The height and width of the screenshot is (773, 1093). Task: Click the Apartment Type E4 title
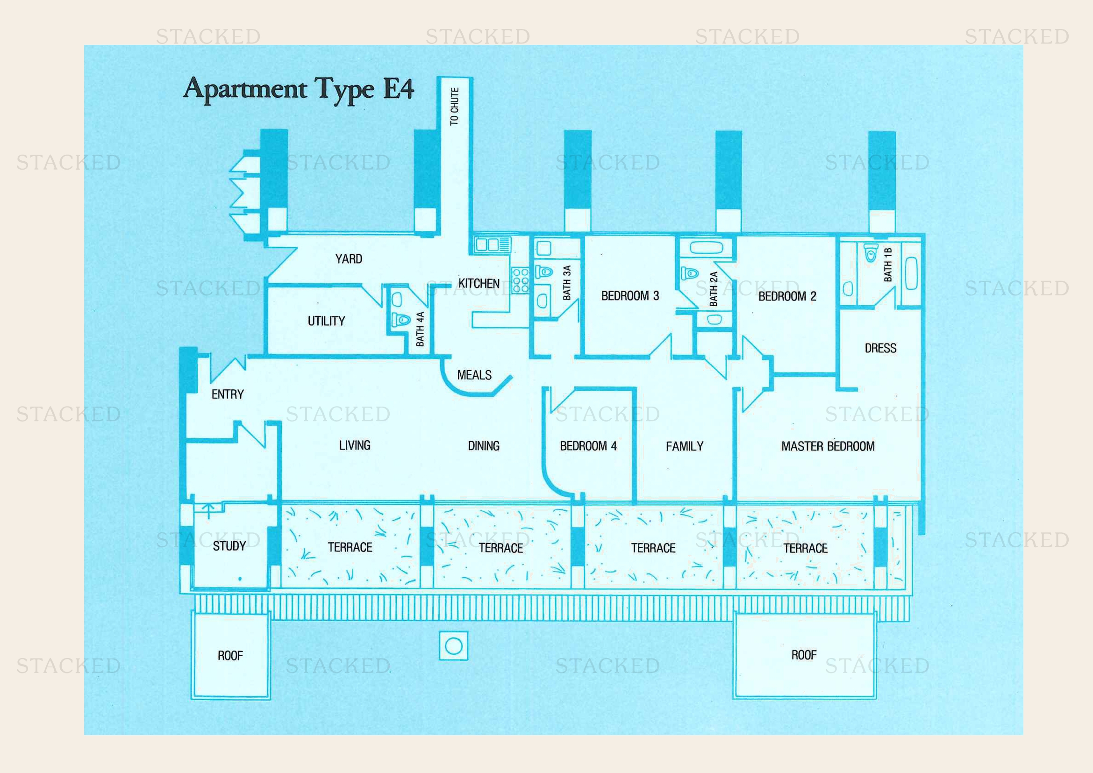click(x=299, y=89)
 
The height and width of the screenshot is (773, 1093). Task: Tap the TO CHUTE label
click(x=455, y=107)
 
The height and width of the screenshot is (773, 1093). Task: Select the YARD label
click(x=349, y=259)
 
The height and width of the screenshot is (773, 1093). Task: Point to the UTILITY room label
click(x=326, y=321)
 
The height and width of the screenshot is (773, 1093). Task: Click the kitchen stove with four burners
click(x=520, y=279)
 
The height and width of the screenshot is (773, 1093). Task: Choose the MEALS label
click(x=474, y=375)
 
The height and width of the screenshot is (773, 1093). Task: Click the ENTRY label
click(x=228, y=394)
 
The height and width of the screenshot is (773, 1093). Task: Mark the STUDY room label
click(x=229, y=546)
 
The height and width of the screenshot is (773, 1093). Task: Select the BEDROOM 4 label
click(x=588, y=446)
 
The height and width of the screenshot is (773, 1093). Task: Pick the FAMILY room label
click(x=685, y=446)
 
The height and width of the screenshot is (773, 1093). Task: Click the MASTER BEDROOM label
click(x=828, y=446)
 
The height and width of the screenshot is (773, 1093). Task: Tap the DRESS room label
click(x=880, y=349)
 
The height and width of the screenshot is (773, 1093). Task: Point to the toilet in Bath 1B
click(x=871, y=253)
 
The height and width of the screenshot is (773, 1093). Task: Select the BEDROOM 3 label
click(x=630, y=296)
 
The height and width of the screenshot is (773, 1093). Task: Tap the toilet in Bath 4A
click(x=400, y=319)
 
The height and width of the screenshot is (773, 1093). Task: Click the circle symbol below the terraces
click(x=453, y=646)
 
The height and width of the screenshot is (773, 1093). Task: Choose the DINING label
click(x=484, y=446)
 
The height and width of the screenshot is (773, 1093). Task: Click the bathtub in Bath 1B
click(x=911, y=273)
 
